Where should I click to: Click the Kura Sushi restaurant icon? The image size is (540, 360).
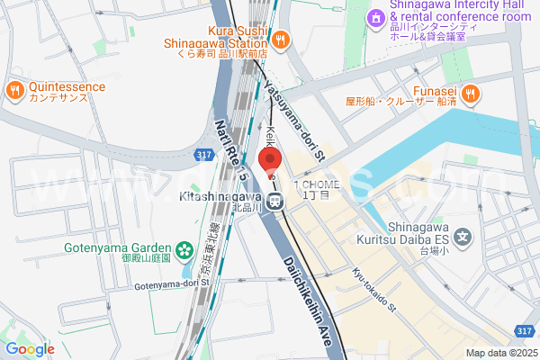click(281, 39)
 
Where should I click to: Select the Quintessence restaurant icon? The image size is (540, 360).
click(14, 90)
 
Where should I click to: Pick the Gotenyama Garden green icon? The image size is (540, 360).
click(184, 249)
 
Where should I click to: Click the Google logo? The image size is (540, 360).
click(30, 349)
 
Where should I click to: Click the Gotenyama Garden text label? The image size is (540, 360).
click(117, 249)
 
